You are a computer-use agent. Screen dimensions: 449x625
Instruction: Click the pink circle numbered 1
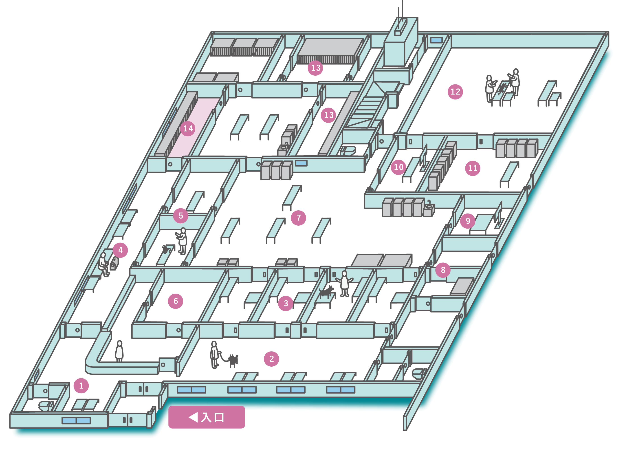click(x=81, y=386)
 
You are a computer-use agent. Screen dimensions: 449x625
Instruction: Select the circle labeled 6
click(x=176, y=301)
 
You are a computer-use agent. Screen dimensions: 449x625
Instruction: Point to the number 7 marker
click(x=298, y=218)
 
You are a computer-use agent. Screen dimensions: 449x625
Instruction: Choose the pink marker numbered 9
click(x=468, y=221)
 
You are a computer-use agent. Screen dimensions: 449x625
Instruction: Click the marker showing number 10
click(x=398, y=167)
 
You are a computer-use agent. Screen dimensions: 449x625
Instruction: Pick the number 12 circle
click(x=455, y=92)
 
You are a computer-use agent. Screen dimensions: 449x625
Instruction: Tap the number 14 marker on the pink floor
click(x=188, y=128)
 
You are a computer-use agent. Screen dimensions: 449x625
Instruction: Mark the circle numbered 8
click(x=443, y=270)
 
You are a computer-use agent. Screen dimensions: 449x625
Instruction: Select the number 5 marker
click(x=181, y=216)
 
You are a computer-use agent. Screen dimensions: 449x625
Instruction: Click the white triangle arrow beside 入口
click(x=194, y=417)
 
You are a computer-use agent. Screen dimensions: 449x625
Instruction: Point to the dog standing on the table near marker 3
click(x=326, y=291)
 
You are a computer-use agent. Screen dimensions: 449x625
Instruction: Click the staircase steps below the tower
click(x=367, y=109)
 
